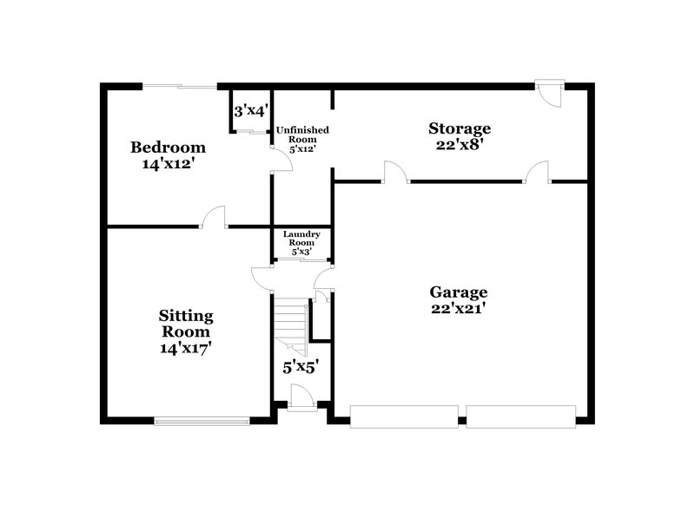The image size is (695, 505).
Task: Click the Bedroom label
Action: coord(168,147)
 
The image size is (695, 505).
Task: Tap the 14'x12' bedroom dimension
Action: coord(168,162)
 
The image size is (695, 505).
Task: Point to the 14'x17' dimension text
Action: coord(185,348)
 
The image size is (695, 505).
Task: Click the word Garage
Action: coord(459,292)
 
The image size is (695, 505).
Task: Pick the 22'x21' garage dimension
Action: coord(459,308)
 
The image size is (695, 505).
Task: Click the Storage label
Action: coord(460,129)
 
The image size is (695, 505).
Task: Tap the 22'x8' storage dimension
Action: coord(460,145)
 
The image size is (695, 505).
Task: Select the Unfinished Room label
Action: coord(302,134)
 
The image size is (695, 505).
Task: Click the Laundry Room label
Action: coord(302,239)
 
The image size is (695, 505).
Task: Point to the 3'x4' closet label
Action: coord(250,111)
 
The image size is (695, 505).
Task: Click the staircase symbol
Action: coord(292,325)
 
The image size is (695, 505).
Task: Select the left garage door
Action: coord(404,416)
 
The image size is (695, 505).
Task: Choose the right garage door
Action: coord(520,416)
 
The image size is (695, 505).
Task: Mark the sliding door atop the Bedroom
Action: coord(179,86)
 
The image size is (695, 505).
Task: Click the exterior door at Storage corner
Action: coord(550,91)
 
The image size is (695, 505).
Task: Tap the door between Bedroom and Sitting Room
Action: coord(213,218)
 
